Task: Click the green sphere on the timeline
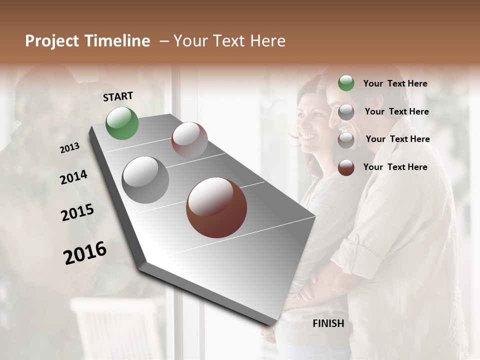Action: pos(122,123)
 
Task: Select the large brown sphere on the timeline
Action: pos(216,207)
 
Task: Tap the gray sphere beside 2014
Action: pos(145,180)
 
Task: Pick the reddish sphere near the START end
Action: pos(189,140)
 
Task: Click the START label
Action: pos(118,96)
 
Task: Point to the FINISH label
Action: pos(328,323)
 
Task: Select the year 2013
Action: pos(69,148)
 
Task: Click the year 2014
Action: pos(73,177)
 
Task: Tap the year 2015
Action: pos(77,212)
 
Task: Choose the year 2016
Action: pos(85,253)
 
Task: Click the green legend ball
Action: pos(346,83)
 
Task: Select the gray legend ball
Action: pos(346,112)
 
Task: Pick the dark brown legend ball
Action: pos(346,167)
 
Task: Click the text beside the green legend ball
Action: pos(395,84)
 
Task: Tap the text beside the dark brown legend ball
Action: pos(395,167)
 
